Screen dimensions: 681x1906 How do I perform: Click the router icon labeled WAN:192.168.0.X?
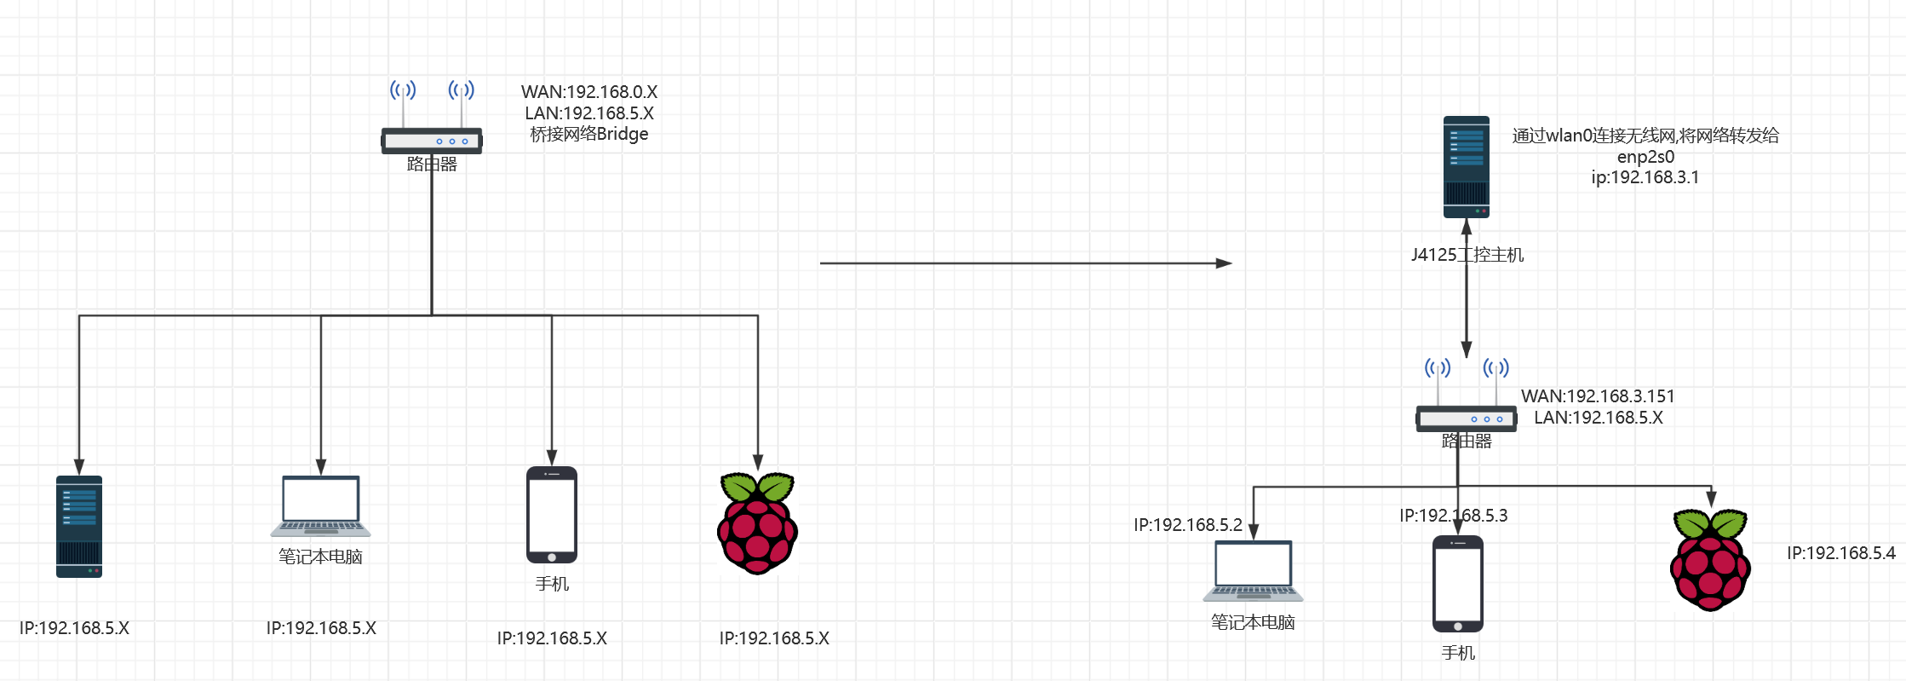[x=432, y=140]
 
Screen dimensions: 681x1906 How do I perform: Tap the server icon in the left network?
[x=79, y=527]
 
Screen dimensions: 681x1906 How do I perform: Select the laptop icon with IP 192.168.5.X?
[x=321, y=505]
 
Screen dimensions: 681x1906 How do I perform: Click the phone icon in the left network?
[x=552, y=515]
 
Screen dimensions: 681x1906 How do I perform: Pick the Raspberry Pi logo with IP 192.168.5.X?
[x=757, y=524]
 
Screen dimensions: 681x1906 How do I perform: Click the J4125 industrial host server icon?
[x=1466, y=167]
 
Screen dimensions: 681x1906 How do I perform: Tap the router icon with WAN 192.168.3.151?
[x=1466, y=418]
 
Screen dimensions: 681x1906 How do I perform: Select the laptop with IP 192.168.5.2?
[x=1253, y=570]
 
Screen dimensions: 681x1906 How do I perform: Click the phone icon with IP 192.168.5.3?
[x=1457, y=584]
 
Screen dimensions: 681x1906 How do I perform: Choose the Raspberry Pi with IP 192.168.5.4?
[x=1710, y=560]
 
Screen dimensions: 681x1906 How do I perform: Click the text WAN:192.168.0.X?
[x=589, y=92]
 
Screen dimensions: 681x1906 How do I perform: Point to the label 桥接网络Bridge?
[x=589, y=134]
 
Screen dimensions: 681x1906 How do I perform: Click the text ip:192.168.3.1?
[x=1645, y=177]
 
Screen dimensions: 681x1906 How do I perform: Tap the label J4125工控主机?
[x=1467, y=255]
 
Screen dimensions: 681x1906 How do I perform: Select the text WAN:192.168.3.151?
[x=1598, y=396]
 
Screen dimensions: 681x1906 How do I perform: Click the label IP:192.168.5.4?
[x=1840, y=553]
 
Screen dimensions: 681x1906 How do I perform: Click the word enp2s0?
[x=1645, y=157]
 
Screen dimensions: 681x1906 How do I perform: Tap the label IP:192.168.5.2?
[x=1188, y=525]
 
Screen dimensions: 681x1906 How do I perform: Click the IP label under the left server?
[x=74, y=628]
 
